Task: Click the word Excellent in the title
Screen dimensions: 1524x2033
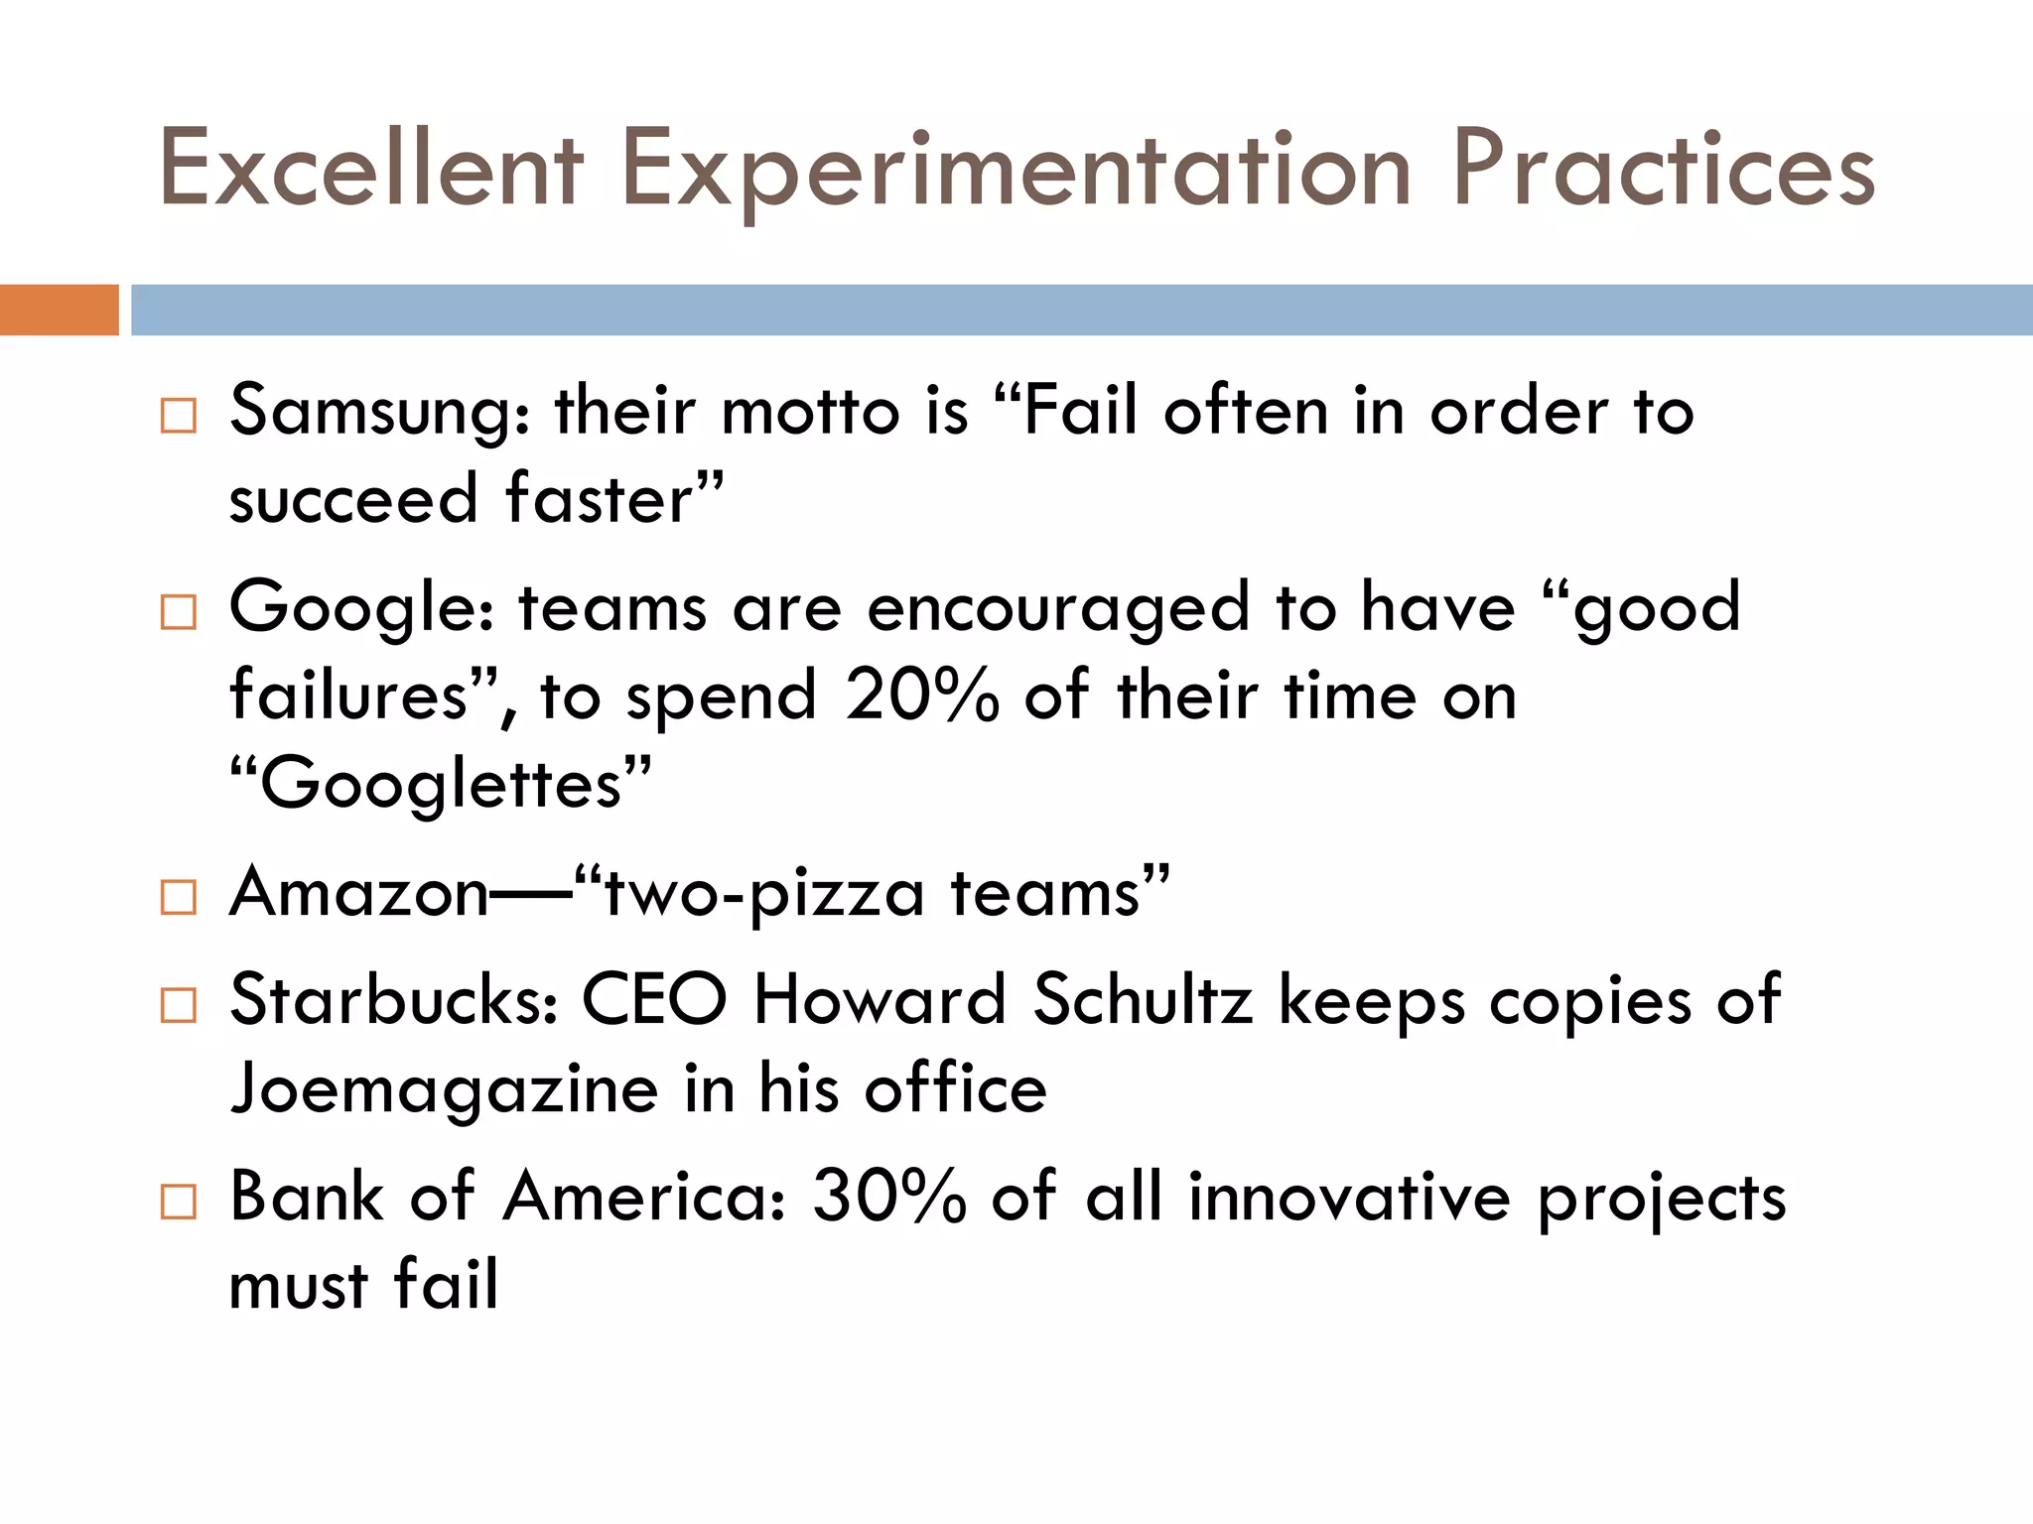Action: point(370,169)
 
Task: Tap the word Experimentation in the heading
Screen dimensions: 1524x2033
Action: point(1015,171)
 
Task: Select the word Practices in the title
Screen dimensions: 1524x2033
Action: point(1663,169)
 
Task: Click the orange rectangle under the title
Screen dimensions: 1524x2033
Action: point(59,310)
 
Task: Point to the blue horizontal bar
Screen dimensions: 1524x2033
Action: point(1081,310)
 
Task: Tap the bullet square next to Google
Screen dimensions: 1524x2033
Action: point(179,612)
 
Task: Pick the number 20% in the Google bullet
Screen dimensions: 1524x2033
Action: point(922,697)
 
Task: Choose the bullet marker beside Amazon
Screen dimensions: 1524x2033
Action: point(179,897)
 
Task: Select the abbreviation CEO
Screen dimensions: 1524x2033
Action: point(654,1000)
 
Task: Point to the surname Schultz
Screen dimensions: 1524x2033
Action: point(1143,1000)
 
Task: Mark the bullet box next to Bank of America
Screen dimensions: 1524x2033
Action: point(179,1202)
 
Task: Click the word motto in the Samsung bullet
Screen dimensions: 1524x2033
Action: point(810,413)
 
